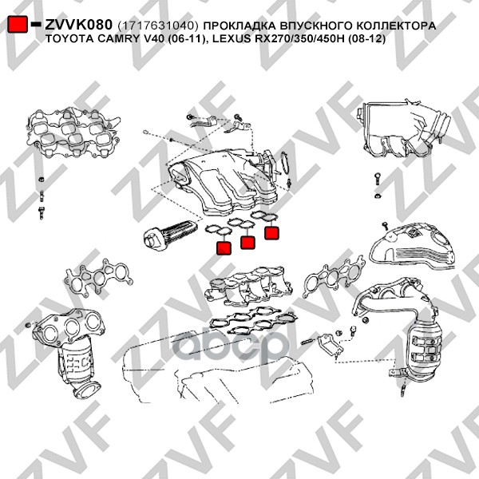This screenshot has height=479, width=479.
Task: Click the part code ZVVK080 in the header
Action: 79,25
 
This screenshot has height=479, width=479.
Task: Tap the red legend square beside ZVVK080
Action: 18,24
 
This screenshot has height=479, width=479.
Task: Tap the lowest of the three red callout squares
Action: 224,247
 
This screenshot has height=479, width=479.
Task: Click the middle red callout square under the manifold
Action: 247,243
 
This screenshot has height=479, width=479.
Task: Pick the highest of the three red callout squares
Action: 271,232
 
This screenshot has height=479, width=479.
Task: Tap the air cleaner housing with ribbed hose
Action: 404,129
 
